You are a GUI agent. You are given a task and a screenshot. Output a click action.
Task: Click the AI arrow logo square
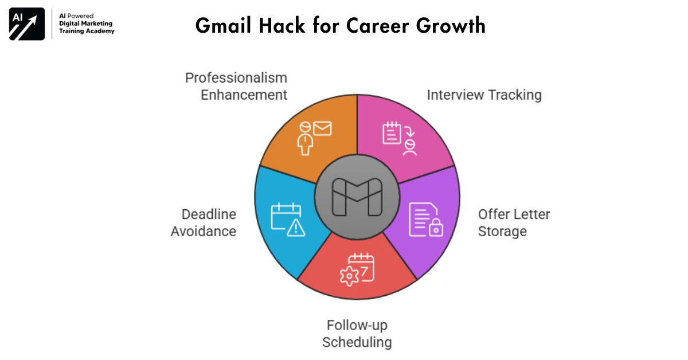pyautogui.click(x=27, y=24)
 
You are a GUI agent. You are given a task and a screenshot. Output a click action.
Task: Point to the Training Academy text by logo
pyautogui.click(x=87, y=31)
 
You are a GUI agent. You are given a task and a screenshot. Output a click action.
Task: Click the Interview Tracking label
pyautogui.click(x=484, y=95)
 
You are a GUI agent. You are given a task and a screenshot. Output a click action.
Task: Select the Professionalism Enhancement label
pyautogui.click(x=236, y=86)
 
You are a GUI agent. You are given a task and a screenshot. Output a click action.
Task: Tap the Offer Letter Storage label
pyautogui.click(x=514, y=222)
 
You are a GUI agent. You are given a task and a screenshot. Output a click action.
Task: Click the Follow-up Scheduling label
pyautogui.click(x=357, y=334)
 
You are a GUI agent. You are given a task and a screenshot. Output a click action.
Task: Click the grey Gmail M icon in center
pyautogui.click(x=357, y=197)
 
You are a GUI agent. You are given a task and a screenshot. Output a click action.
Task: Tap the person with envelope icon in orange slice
pyautogui.click(x=314, y=136)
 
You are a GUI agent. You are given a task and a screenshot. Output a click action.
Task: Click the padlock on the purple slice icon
pyautogui.click(x=436, y=229)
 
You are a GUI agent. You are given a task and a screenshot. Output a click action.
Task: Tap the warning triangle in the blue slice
pyautogui.click(x=296, y=228)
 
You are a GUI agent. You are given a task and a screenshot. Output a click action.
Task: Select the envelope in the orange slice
pyautogui.click(x=322, y=128)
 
